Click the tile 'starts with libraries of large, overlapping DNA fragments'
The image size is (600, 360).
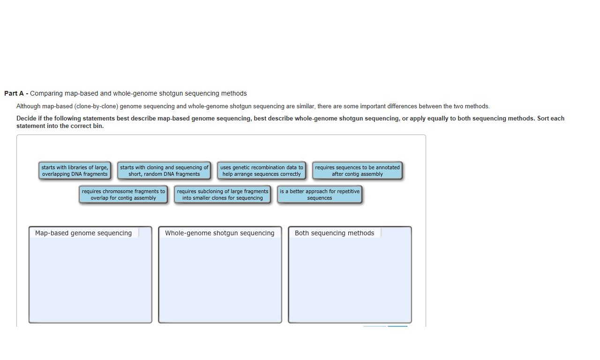pos(75,171)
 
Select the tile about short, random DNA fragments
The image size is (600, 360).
pos(164,171)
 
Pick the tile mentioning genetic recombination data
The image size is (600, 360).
pos(262,171)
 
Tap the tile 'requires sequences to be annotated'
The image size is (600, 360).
pos(357,171)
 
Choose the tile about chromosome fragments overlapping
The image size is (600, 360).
pos(123,195)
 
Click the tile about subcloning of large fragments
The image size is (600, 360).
pos(222,195)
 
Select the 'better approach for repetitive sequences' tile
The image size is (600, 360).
pos(320,195)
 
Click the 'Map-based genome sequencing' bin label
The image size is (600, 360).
pos(83,233)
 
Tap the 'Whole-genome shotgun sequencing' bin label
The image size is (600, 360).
pos(220,233)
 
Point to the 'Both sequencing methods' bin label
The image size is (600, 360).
pos(334,233)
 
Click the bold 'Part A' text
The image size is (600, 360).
pos(14,93)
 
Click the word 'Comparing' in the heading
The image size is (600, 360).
pos(46,93)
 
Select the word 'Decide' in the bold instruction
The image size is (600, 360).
pos(25,119)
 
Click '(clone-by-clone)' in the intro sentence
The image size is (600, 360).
pos(96,106)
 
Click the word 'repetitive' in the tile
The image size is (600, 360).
pos(347,191)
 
